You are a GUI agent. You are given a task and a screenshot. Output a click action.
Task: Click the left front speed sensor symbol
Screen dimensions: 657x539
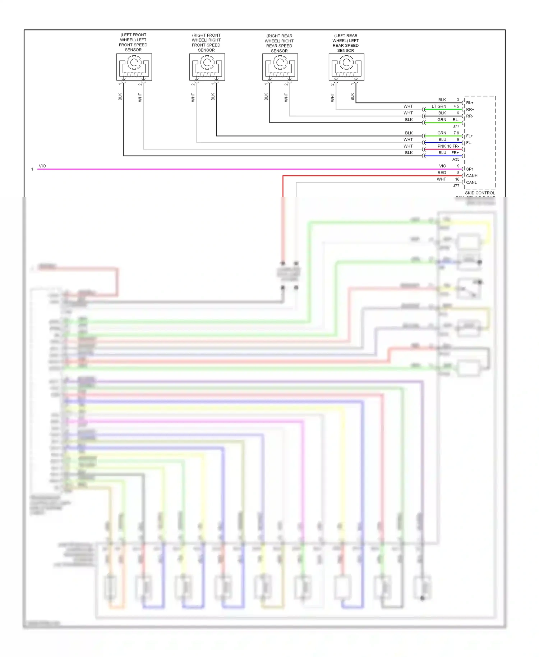coord(134,67)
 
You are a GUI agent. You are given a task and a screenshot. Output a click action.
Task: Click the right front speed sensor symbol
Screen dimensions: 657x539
coord(207,67)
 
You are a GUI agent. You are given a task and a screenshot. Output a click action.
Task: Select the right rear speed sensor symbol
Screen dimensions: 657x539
coord(280,67)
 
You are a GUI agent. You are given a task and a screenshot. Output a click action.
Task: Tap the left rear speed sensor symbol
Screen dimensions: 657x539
coord(346,67)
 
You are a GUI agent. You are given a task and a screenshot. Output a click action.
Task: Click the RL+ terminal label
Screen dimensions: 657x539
coord(470,103)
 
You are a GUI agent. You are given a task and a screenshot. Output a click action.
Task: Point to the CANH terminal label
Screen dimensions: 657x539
coord(471,176)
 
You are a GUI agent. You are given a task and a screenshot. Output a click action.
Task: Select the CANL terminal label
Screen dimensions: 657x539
coord(471,183)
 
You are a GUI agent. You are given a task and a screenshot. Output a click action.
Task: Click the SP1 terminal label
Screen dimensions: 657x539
coord(470,169)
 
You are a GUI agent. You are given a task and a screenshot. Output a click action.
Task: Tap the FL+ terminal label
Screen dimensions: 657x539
coord(469,136)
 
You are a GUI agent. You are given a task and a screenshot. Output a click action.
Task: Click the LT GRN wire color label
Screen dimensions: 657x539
coord(439,106)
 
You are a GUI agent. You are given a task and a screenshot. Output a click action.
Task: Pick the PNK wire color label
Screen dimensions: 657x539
coord(442,146)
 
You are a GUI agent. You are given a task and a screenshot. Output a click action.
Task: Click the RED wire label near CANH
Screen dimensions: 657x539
coord(442,173)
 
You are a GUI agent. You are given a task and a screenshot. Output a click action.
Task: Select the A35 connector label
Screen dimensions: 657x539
coord(456,159)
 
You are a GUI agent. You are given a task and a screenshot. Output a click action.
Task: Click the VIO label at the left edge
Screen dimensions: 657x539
coord(42,166)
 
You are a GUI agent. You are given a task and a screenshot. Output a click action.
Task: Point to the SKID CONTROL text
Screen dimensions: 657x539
coord(480,193)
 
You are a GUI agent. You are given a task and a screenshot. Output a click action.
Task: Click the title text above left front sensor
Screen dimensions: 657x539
coord(133,42)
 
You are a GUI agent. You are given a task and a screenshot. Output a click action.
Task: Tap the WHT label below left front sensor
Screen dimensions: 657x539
coord(140,97)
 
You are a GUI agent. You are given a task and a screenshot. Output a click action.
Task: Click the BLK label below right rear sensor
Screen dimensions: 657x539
coord(266,97)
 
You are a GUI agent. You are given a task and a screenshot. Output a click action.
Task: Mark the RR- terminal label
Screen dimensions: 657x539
coord(469,116)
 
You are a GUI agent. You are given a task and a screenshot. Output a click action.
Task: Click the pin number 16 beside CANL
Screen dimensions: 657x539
coord(457,179)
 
